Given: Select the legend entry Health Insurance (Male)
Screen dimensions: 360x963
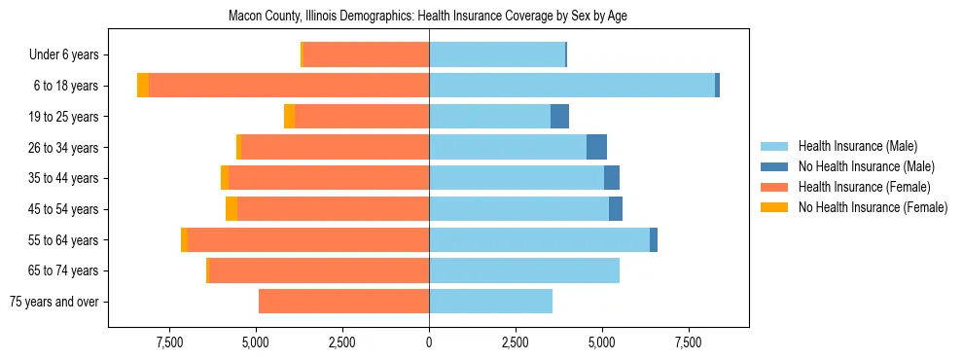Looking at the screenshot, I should tap(857, 146).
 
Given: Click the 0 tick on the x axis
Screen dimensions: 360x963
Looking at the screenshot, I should tap(429, 342).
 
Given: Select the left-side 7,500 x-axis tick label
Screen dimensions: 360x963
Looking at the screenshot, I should tap(169, 342).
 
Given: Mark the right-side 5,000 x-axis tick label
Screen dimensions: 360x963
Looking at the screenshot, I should tap(602, 342).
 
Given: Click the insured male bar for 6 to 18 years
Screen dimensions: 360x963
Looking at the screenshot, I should tap(572, 86).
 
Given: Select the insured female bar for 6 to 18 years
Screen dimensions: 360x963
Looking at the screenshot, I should tap(289, 86).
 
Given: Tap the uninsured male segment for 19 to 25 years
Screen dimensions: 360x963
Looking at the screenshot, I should tap(559, 117).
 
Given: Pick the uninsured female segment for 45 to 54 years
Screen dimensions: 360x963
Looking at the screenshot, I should tap(232, 209).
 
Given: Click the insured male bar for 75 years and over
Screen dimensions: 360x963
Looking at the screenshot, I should tap(490, 302).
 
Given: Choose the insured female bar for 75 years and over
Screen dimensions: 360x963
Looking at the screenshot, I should tap(343, 302).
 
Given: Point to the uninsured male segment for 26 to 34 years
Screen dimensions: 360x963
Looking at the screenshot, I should tap(596, 147).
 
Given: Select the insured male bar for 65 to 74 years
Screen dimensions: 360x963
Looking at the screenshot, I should tap(524, 270).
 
